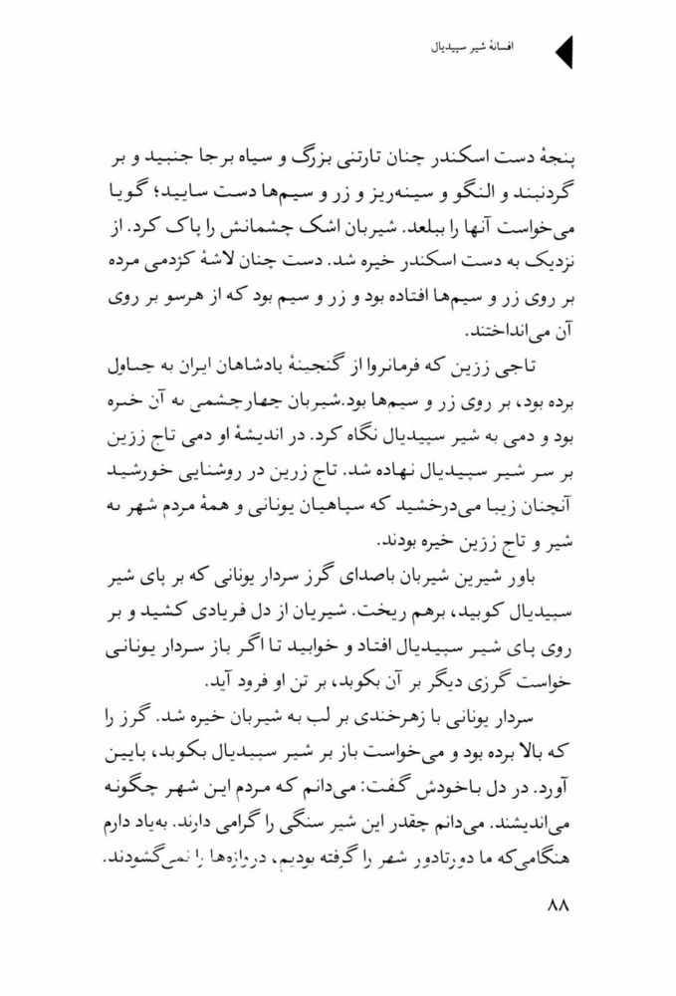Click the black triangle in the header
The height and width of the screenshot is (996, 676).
point(563,50)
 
